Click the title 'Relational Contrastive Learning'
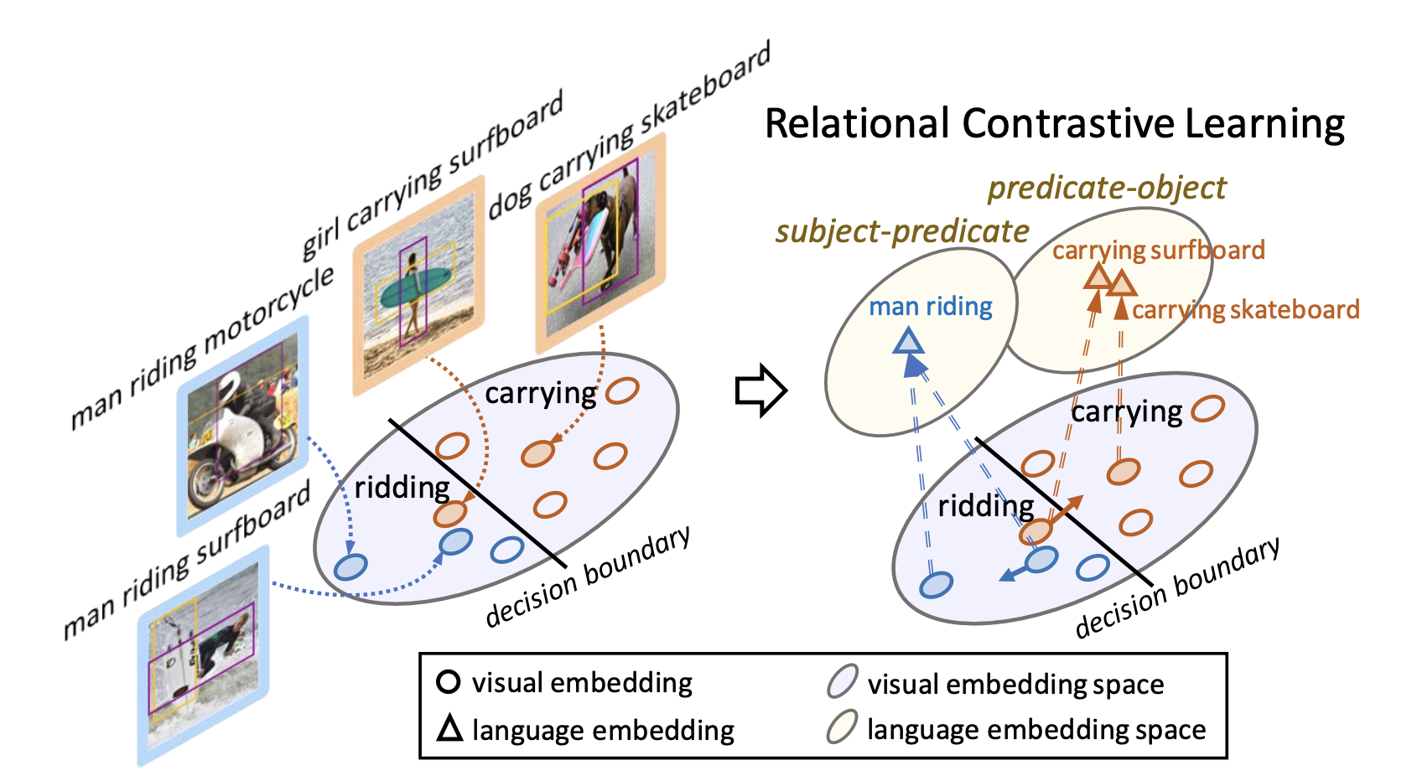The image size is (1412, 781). coord(1054,124)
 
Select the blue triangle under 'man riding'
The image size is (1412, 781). coord(908,342)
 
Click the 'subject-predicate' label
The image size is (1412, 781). coord(902,231)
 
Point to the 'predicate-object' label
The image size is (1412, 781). coord(1107,188)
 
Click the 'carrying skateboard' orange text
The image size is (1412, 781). coord(1245,310)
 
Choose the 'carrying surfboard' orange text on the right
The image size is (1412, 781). coord(1159,250)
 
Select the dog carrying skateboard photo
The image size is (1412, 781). coord(600,243)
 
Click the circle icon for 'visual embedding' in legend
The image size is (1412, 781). coord(449,682)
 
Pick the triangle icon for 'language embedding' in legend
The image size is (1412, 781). coord(449,728)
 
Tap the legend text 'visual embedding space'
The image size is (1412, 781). coord(1015,684)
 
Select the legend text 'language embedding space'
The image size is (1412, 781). coord(1036,729)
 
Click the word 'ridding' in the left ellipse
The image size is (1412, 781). coord(402,487)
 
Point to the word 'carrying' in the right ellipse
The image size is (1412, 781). coord(1126,411)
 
